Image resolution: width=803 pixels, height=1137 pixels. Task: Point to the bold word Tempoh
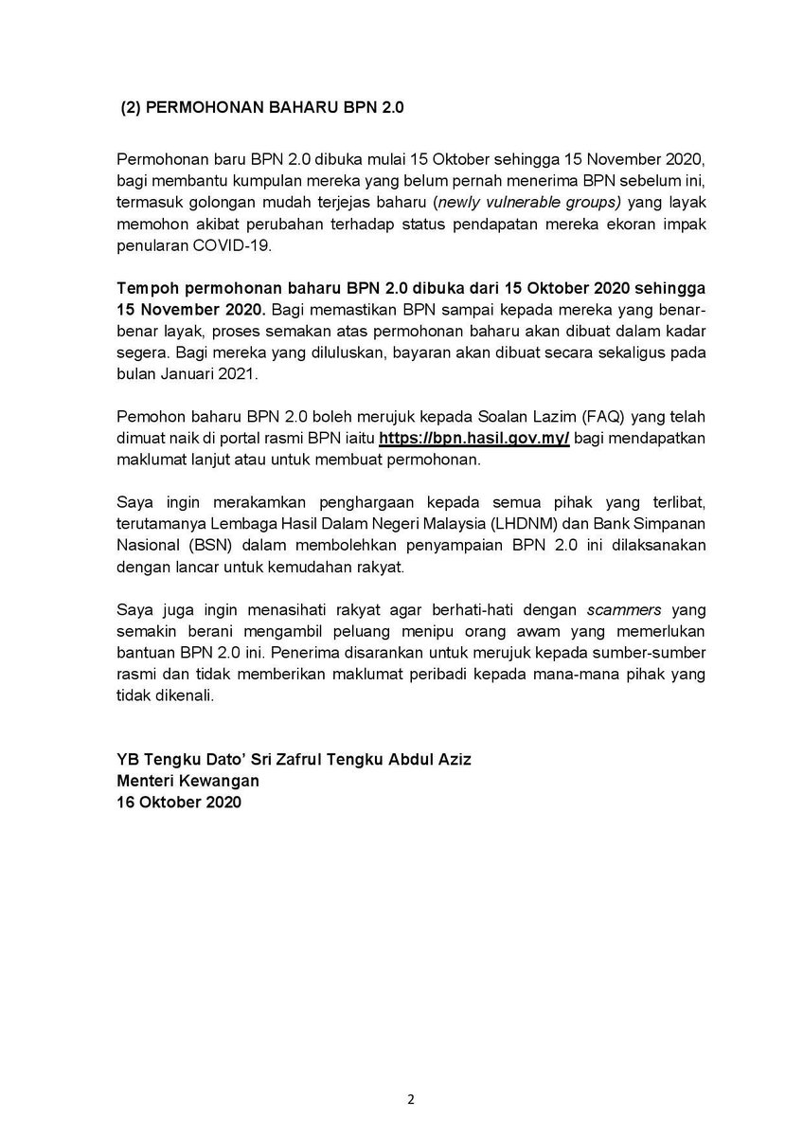click(145, 287)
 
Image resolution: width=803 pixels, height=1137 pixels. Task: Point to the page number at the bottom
click(410, 1100)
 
